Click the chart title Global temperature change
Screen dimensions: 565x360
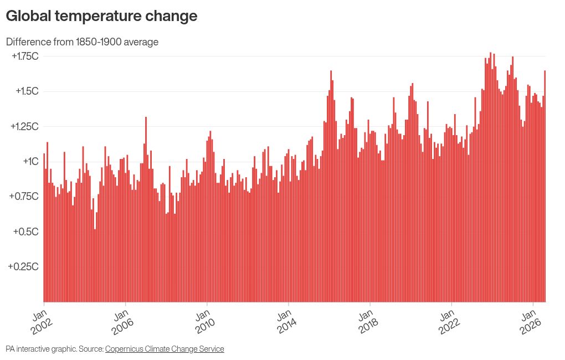click(101, 16)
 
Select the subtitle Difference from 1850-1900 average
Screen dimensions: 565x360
click(82, 42)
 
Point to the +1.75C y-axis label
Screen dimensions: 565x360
click(25, 56)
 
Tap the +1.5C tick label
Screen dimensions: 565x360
click(27, 91)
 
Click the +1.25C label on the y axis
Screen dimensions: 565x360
click(24, 126)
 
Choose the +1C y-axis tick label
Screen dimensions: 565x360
click(30, 161)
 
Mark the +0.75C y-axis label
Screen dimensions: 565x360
click(24, 196)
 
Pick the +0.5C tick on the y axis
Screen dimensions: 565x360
click(25, 232)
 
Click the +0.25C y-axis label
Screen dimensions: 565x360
click(23, 266)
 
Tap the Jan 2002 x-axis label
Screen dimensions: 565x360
click(41, 322)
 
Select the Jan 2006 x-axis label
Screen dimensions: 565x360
click(122, 322)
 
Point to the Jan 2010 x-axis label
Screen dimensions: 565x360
click(204, 322)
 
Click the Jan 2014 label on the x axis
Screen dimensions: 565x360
click(286, 322)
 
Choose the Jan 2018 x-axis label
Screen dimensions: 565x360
click(367, 322)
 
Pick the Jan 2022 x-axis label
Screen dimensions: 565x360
click(449, 322)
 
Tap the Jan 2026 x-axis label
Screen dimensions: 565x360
click(530, 322)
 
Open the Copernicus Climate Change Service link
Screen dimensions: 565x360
click(165, 349)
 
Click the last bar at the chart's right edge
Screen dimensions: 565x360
click(545, 186)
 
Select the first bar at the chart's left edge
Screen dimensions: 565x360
click(44, 228)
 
